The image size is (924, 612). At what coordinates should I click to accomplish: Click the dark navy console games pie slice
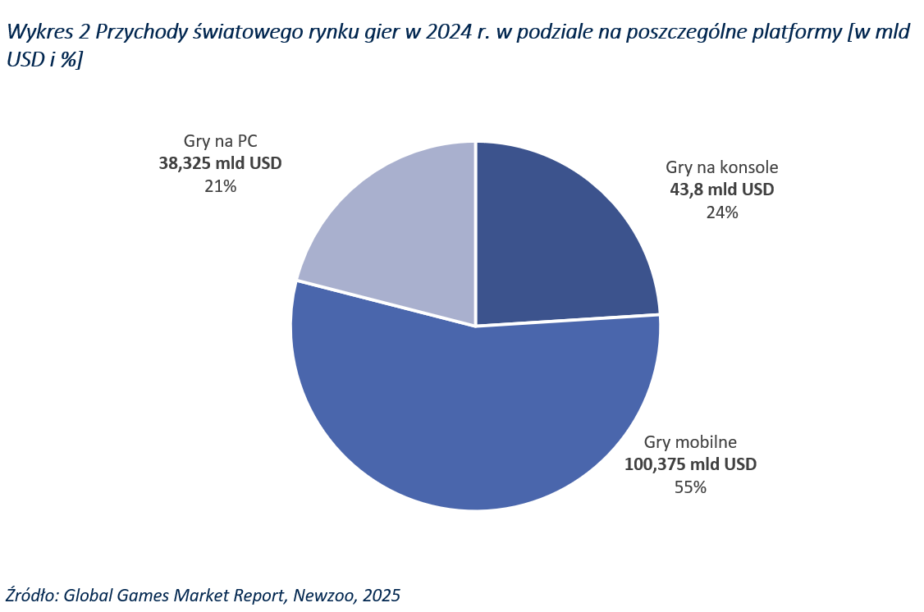(558, 238)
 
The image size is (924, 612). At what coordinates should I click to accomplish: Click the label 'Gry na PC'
(220, 140)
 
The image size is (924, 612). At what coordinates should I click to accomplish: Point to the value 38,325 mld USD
(220, 163)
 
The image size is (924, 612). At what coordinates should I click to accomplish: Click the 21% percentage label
(220, 186)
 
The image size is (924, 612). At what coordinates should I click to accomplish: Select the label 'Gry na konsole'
(722, 167)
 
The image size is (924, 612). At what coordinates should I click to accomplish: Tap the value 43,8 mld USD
(722, 190)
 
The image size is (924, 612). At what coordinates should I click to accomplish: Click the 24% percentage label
(722, 212)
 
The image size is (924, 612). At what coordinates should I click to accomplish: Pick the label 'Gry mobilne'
(690, 441)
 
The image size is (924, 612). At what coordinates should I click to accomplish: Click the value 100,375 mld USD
(690, 464)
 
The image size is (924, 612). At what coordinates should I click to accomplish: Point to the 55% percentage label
(690, 487)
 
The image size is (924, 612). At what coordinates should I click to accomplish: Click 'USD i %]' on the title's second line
(43, 61)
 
